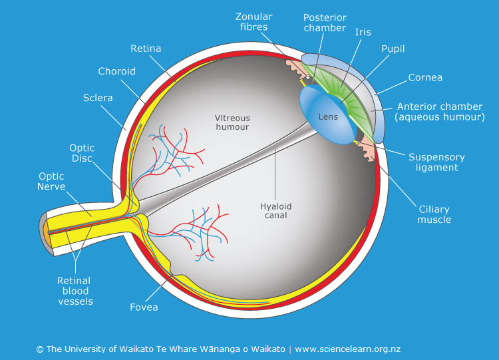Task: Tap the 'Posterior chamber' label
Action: coord(325,23)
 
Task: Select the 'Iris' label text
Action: coord(363,31)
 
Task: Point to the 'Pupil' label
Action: coord(393,49)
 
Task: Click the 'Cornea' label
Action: coord(426,77)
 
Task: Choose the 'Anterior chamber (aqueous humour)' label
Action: coord(440,112)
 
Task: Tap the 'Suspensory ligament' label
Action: coord(436,162)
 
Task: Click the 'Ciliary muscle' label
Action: coord(434,214)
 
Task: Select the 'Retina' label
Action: coord(146,49)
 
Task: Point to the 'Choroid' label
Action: coord(116,71)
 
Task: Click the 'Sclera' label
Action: coord(98,98)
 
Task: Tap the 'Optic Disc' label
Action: coord(82,153)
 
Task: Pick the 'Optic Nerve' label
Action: coord(52,182)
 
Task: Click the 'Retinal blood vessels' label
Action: coord(75,291)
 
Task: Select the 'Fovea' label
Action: coord(144,307)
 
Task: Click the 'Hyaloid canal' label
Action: coord(275,211)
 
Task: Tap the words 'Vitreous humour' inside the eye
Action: coord(232,122)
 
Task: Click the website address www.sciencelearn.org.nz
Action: coord(347,349)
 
